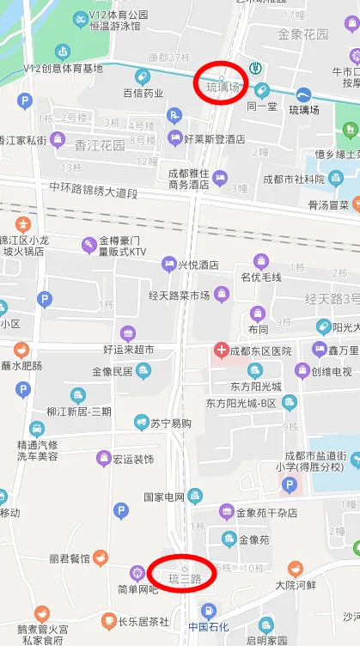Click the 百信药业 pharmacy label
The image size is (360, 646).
143,93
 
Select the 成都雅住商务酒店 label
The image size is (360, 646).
189,178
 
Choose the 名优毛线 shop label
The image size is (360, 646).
261,277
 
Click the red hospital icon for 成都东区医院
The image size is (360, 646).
221,351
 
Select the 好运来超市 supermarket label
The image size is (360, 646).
129,350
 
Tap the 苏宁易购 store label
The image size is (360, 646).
170,424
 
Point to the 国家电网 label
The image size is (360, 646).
164,497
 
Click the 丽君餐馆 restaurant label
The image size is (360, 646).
70,558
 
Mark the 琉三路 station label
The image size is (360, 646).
185,578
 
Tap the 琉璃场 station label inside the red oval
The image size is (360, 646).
222,87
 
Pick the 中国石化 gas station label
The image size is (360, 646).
209,626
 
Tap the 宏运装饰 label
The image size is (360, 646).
133,460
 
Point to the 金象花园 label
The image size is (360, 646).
302,35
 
